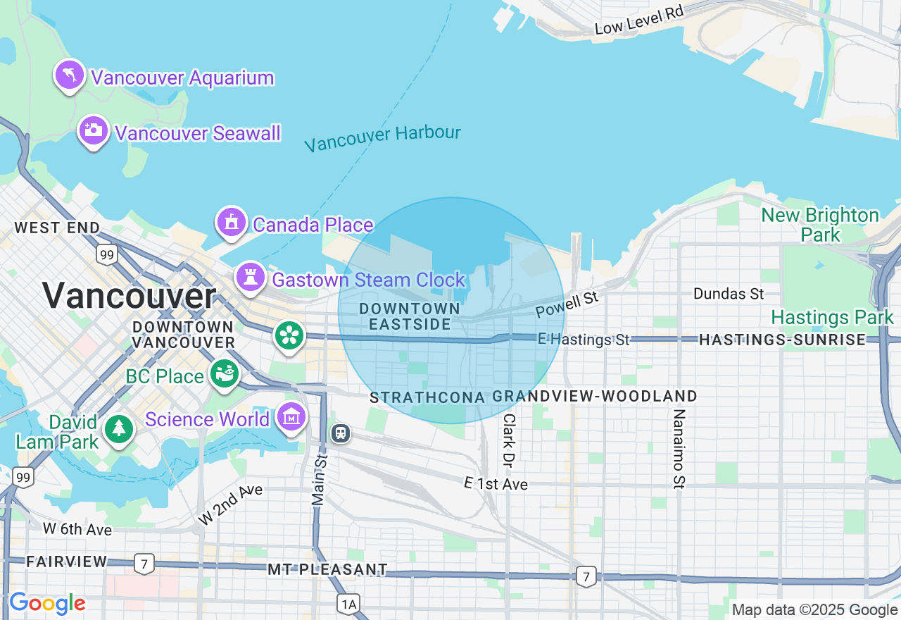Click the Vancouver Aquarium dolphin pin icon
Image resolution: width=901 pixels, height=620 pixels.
tap(70, 75)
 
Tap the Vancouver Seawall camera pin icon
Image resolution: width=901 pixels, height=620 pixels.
tap(93, 130)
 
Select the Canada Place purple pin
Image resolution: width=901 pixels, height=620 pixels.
tap(231, 223)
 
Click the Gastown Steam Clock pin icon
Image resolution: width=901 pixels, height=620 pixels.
tap(250, 277)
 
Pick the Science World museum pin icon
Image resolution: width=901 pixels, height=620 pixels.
tap(291, 418)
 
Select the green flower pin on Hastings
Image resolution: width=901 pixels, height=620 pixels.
tap(289, 335)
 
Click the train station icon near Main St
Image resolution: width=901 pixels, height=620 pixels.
tap(341, 433)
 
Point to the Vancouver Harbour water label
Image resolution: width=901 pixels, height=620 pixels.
tap(383, 137)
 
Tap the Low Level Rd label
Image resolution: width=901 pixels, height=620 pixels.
tap(639, 20)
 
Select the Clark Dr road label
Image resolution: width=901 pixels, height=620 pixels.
tap(508, 440)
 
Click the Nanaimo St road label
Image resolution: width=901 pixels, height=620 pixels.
tap(679, 448)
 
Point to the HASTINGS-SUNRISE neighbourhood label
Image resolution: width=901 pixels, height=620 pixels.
tap(782, 340)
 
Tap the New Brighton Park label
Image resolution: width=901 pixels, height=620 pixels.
tap(820, 224)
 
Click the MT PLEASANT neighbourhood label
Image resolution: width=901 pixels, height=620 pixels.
tap(327, 569)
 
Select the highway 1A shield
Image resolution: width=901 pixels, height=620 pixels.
tap(348, 604)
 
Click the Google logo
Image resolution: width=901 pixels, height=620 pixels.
tap(47, 604)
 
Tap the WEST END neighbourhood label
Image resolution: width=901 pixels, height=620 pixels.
tap(57, 228)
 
